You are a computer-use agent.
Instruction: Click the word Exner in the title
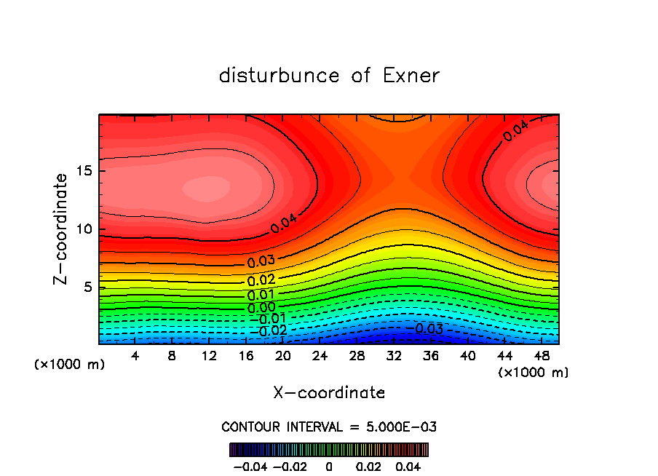[x=411, y=76]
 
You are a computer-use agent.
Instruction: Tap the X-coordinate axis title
[x=329, y=393]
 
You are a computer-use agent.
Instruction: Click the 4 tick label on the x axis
[x=135, y=356]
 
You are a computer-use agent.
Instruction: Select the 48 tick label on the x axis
[x=542, y=356]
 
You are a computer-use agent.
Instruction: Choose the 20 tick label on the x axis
[x=283, y=356]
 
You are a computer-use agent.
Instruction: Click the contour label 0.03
[x=261, y=261]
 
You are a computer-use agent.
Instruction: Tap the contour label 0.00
[x=261, y=307]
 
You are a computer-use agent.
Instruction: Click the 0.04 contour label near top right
[x=515, y=131]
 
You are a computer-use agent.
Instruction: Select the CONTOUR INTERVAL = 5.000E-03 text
[x=329, y=427]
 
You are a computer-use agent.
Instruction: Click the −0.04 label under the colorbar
[x=250, y=465]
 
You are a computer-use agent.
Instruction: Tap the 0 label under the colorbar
[x=329, y=465]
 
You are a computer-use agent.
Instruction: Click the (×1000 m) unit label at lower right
[x=533, y=373]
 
